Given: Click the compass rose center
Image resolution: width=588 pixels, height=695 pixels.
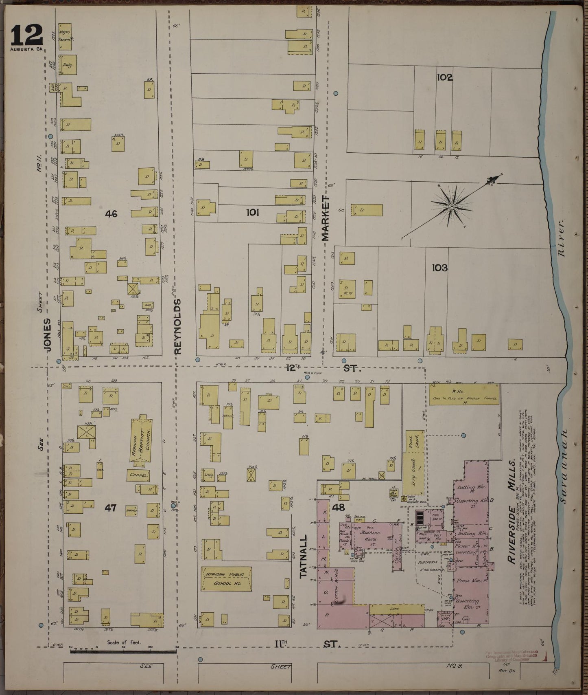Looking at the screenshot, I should [x=452, y=207].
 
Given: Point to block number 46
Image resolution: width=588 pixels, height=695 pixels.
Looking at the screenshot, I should [x=111, y=213].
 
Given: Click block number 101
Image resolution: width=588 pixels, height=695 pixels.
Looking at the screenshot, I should [x=253, y=212].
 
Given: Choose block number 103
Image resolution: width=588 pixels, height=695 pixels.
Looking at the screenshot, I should [x=440, y=268].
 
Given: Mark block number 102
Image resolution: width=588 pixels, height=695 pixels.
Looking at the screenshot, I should [x=444, y=77].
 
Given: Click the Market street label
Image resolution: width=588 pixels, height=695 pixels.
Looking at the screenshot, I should [x=326, y=218].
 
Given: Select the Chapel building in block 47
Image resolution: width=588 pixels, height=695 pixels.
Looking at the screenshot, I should [x=138, y=475].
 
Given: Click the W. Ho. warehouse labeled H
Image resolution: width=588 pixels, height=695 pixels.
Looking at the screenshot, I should [x=464, y=396].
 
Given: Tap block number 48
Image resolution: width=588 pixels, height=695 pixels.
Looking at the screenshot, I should [x=338, y=507].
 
